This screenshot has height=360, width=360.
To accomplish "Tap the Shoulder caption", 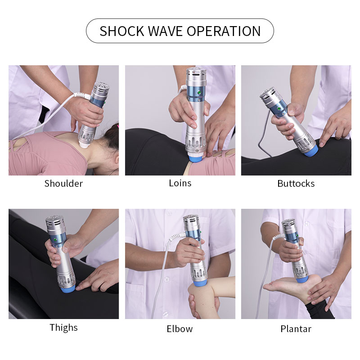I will (x=63, y=184).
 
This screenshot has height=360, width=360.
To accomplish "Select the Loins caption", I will (x=180, y=183).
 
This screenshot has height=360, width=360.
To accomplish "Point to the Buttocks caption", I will (x=296, y=184).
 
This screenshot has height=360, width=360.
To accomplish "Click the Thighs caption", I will (x=63, y=328).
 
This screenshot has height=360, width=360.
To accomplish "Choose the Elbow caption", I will (x=180, y=329).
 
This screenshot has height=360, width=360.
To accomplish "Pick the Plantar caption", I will (x=296, y=329).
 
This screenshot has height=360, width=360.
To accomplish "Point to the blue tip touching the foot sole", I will (x=302, y=279).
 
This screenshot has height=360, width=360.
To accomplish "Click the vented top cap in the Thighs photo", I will (x=54, y=223).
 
